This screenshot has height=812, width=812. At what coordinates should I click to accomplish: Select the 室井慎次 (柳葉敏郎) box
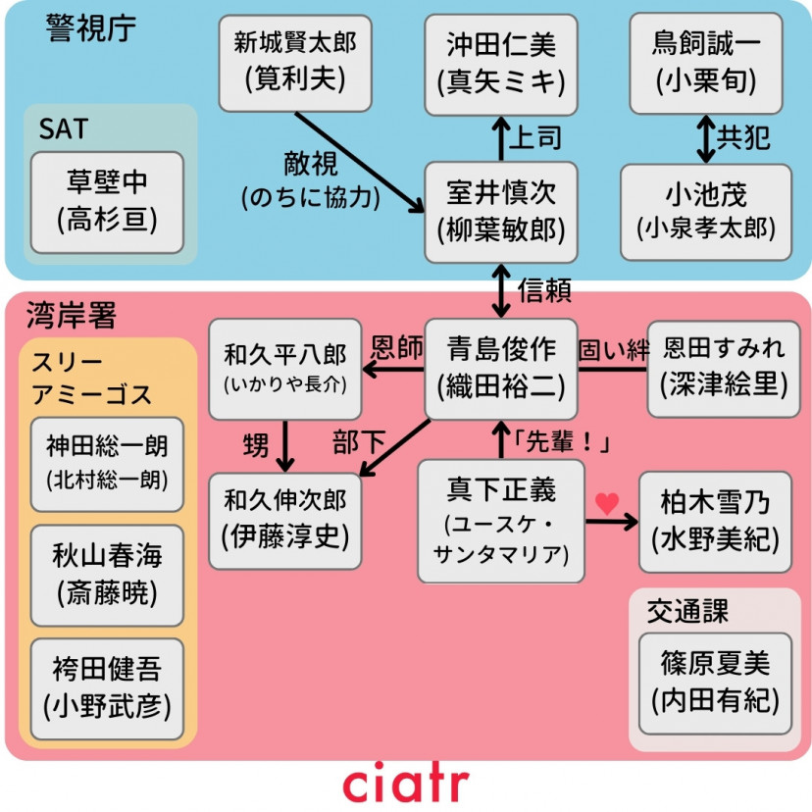tap(500, 212)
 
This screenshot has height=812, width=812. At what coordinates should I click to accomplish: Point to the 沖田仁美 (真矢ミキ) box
tap(500, 62)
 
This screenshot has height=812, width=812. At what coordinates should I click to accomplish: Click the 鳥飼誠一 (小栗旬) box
tap(705, 62)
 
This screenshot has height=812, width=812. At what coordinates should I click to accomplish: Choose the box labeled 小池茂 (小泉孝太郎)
tap(705, 212)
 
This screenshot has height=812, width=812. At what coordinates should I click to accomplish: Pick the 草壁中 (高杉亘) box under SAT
tap(107, 202)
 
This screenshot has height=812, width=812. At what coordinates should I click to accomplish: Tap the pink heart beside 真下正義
tap(607, 503)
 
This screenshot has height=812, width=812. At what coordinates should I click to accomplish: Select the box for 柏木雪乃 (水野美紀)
tap(715, 521)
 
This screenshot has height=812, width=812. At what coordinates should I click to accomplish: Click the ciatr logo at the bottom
tap(406, 783)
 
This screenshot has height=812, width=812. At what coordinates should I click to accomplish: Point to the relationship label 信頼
tap(544, 291)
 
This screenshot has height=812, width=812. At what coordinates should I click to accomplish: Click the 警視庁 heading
tap(89, 28)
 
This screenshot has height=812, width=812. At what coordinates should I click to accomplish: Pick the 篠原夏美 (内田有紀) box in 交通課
tap(715, 683)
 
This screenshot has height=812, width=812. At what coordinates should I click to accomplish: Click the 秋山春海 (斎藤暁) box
tap(107, 575)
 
